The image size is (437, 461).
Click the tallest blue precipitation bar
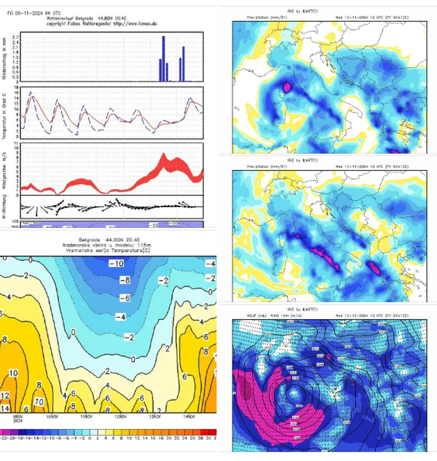click(164, 59)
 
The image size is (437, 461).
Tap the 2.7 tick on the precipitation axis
click(15, 37)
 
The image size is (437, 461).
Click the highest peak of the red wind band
click(163, 155)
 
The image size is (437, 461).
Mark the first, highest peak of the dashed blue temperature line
click(31, 92)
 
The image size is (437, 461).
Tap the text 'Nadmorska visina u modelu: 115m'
click(108, 244)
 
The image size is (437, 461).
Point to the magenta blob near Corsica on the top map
click(286, 86)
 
